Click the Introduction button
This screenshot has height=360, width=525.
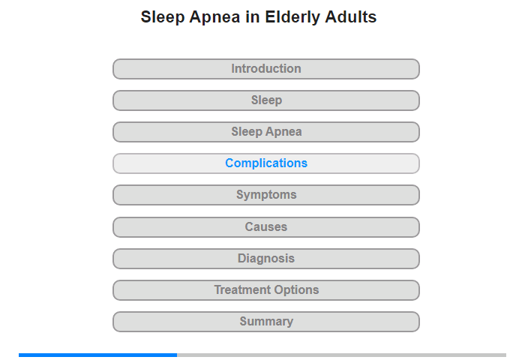pos(266,69)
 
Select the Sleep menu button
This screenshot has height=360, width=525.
pos(266,100)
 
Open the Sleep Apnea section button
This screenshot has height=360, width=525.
pos(266,132)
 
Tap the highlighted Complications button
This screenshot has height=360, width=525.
pos(266,163)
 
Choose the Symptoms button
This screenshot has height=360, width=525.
pos(266,195)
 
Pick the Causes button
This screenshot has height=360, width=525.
pos(266,227)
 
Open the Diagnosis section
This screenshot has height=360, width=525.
pos(266,259)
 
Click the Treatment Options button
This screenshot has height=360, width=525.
pos(266,290)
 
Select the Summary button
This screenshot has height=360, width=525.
pos(266,322)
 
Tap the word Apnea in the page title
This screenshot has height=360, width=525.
pos(214,17)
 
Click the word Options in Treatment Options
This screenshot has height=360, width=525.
pos(297,290)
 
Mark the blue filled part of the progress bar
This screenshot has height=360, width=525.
pos(97,355)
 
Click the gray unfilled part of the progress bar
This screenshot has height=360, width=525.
pos(341,355)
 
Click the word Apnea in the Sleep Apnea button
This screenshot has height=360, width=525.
pos(284,132)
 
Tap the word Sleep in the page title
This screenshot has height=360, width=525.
pos(163,17)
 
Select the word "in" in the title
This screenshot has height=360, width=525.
pos(253,16)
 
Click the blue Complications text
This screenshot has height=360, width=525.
pos(266,163)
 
